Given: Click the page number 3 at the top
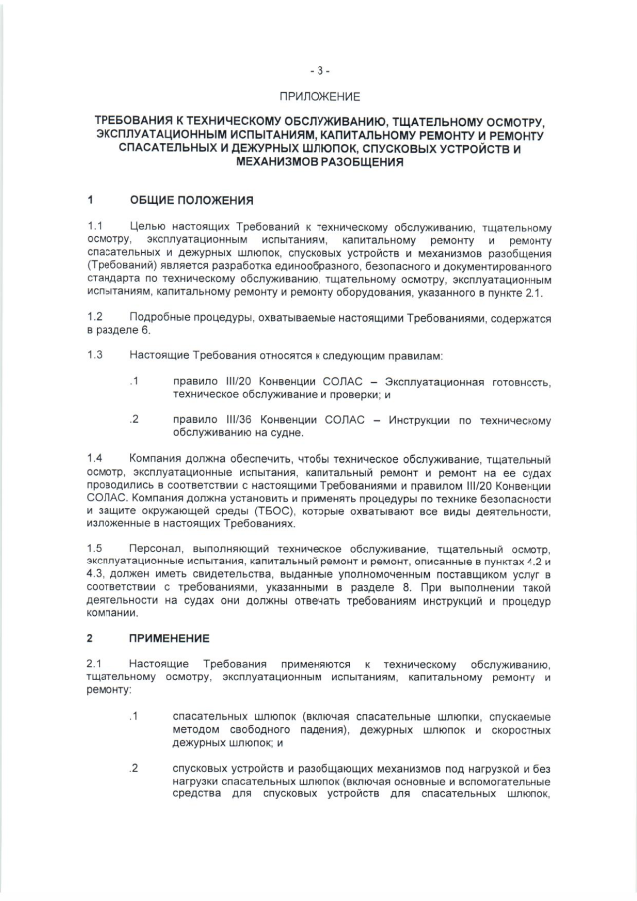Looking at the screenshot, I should (x=318, y=71).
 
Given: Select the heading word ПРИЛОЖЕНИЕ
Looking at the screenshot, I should (x=318, y=97).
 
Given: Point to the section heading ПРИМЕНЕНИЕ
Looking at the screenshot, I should (x=169, y=637).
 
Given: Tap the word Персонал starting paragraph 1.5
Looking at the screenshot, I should (x=158, y=549).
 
